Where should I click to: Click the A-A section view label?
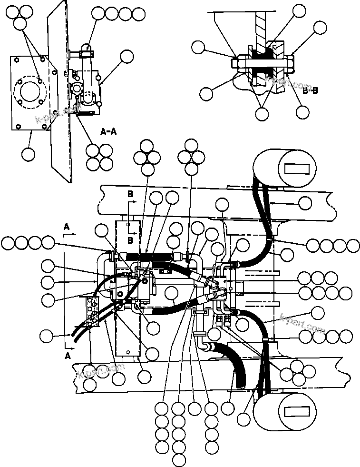pyautogui.click(x=108, y=131)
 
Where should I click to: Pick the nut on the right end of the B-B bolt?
pyautogui.click(x=290, y=62)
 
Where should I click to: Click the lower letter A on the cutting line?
pyautogui.click(x=68, y=355)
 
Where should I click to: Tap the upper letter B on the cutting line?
pyautogui.click(x=129, y=194)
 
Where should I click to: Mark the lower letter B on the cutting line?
pyautogui.click(x=129, y=241)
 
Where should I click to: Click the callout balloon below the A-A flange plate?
pyautogui.click(x=28, y=154)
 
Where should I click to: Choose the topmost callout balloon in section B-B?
pyautogui.click(x=299, y=11)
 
